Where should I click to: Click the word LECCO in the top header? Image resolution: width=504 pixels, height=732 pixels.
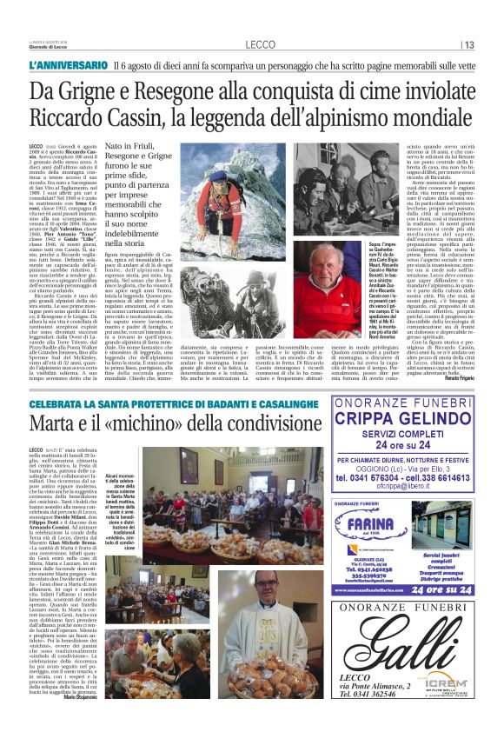pos(260,44)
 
